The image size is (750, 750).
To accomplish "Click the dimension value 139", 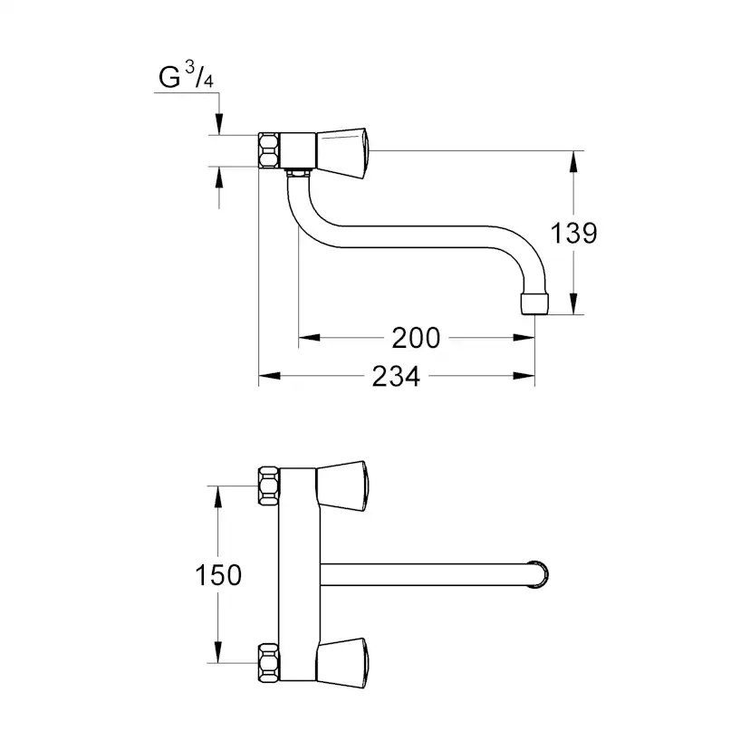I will coord(574,233).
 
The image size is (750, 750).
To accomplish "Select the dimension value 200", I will coord(416,339).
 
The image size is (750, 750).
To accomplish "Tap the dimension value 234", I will coord(396,377).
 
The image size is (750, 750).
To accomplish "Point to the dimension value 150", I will coord(218,574).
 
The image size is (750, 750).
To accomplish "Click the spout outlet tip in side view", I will coord(534,303).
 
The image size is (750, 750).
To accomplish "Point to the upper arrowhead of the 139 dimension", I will coord(573,161).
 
